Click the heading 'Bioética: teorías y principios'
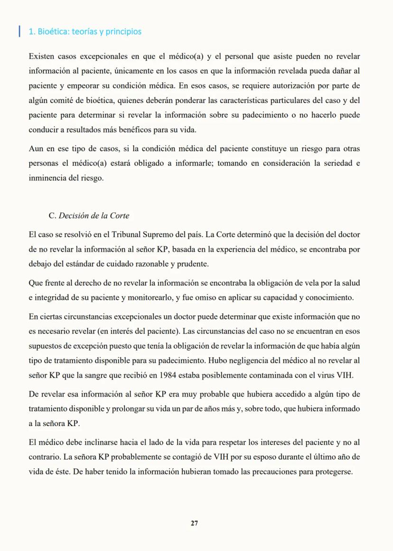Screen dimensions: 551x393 85,32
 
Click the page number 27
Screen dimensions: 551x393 194,523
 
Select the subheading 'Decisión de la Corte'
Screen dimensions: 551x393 94,215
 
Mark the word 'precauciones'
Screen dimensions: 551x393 272,472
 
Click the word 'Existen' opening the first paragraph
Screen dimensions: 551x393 41,57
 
